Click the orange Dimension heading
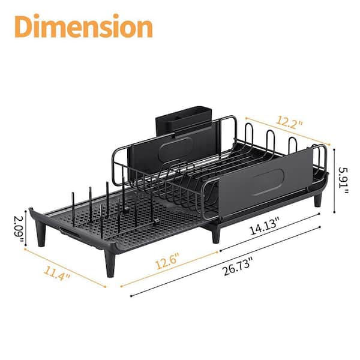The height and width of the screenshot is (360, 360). click(83, 26)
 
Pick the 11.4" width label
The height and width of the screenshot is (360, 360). click(57, 273)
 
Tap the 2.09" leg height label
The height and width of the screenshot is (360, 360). click(19, 228)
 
